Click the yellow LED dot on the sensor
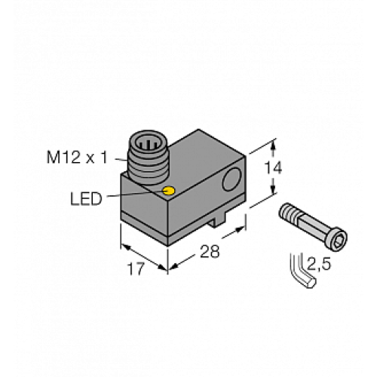point(170,191)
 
